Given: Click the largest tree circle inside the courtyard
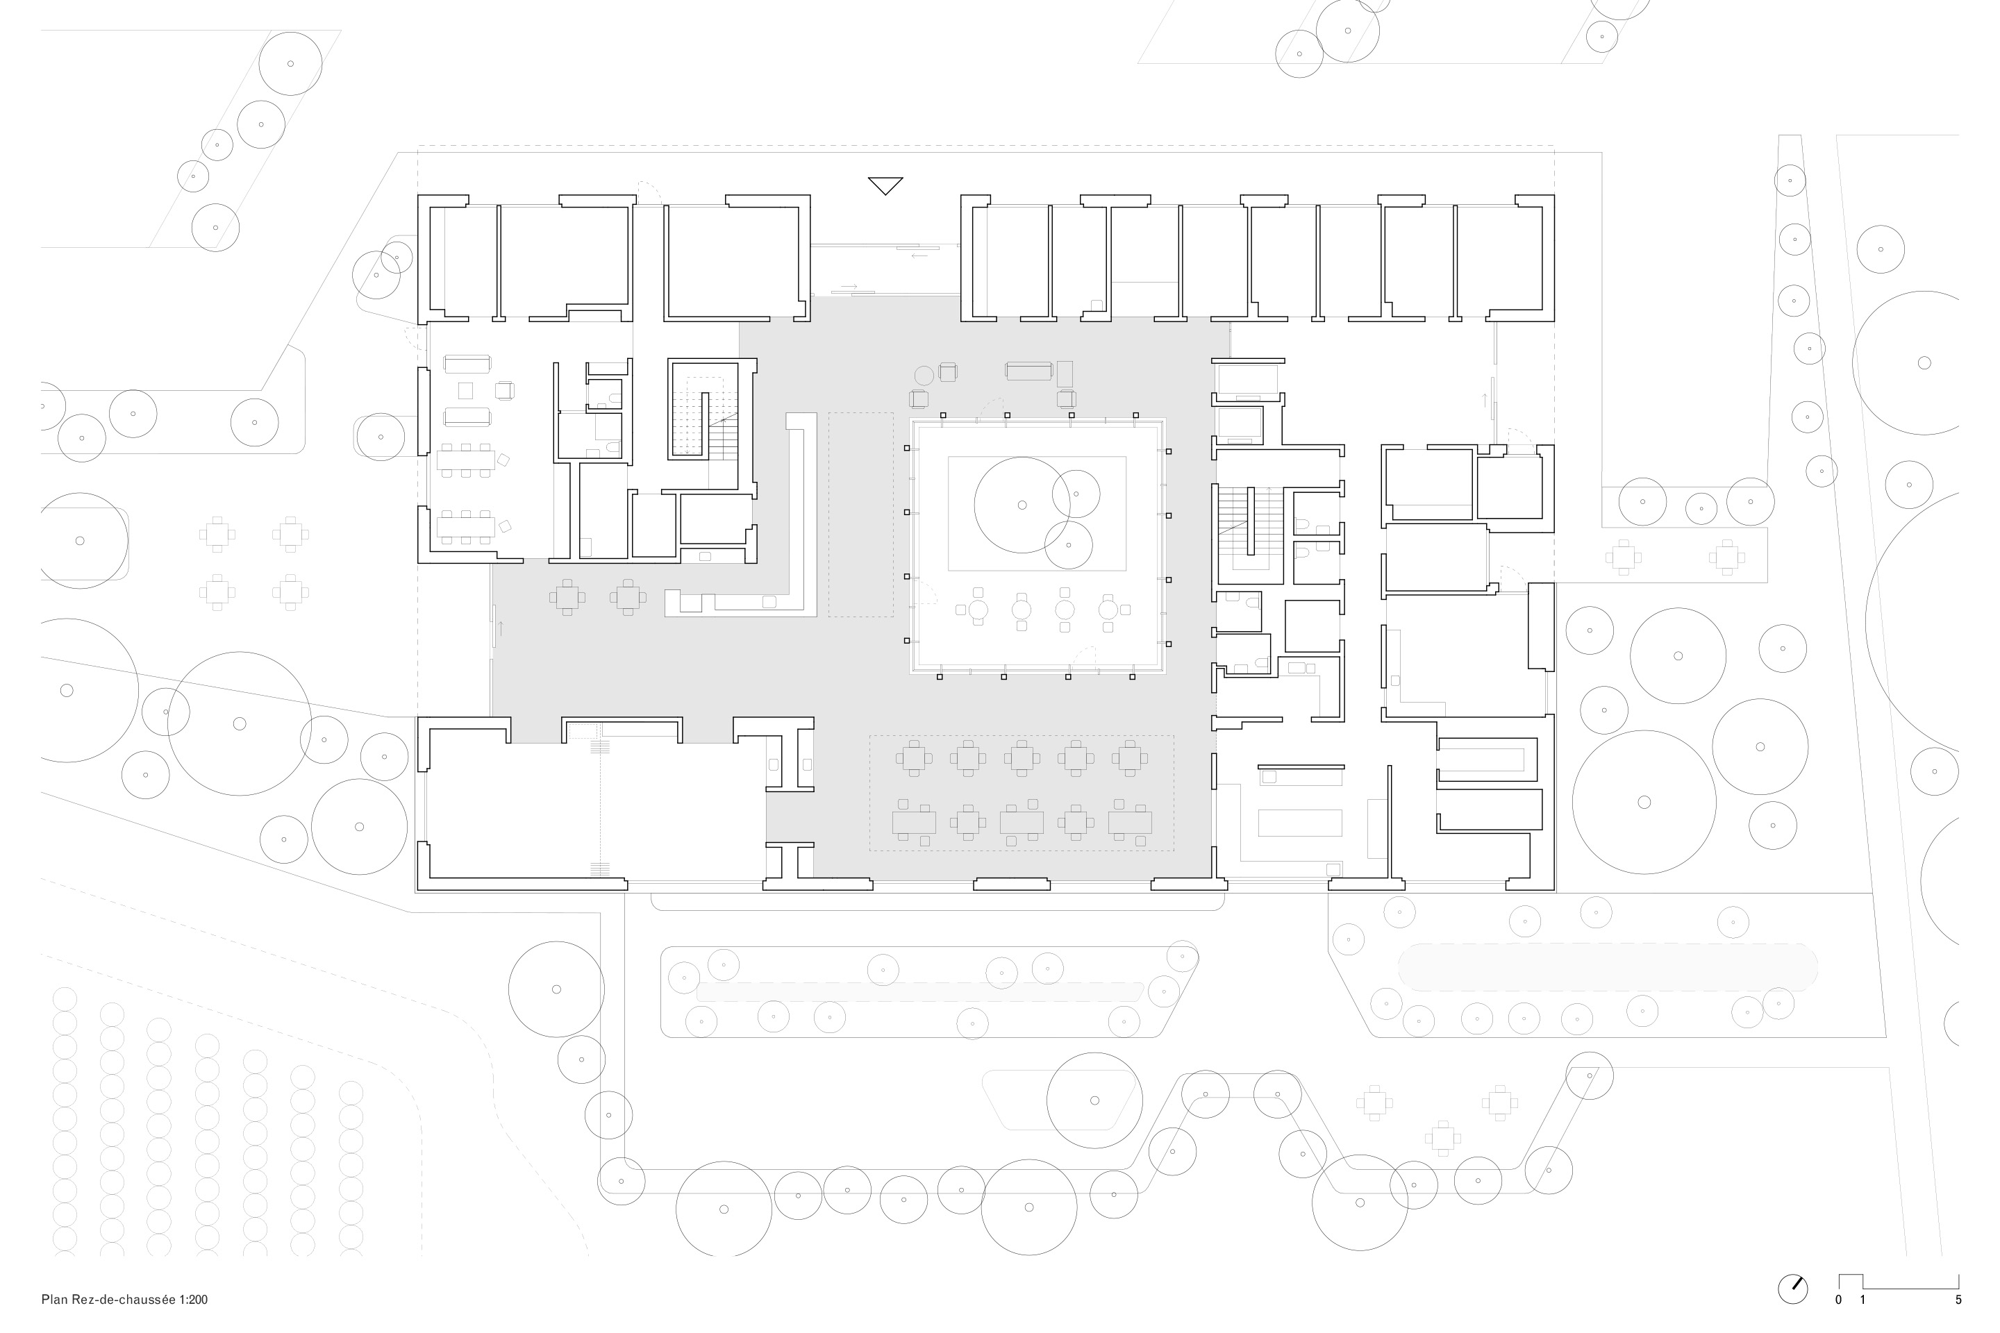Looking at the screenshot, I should click(1022, 505).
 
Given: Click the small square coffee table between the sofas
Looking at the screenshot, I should click(465, 390).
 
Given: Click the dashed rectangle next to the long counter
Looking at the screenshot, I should click(860, 514).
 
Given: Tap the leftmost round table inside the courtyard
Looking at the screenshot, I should click(978, 610).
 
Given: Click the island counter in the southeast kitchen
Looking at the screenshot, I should click(1300, 823).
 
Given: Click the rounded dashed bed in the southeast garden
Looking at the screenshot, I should click(1607, 967).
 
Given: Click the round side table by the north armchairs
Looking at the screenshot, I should click(924, 375).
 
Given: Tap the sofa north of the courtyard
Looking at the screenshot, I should click(1029, 371).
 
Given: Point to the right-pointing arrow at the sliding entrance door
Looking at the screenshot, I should click(849, 287).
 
